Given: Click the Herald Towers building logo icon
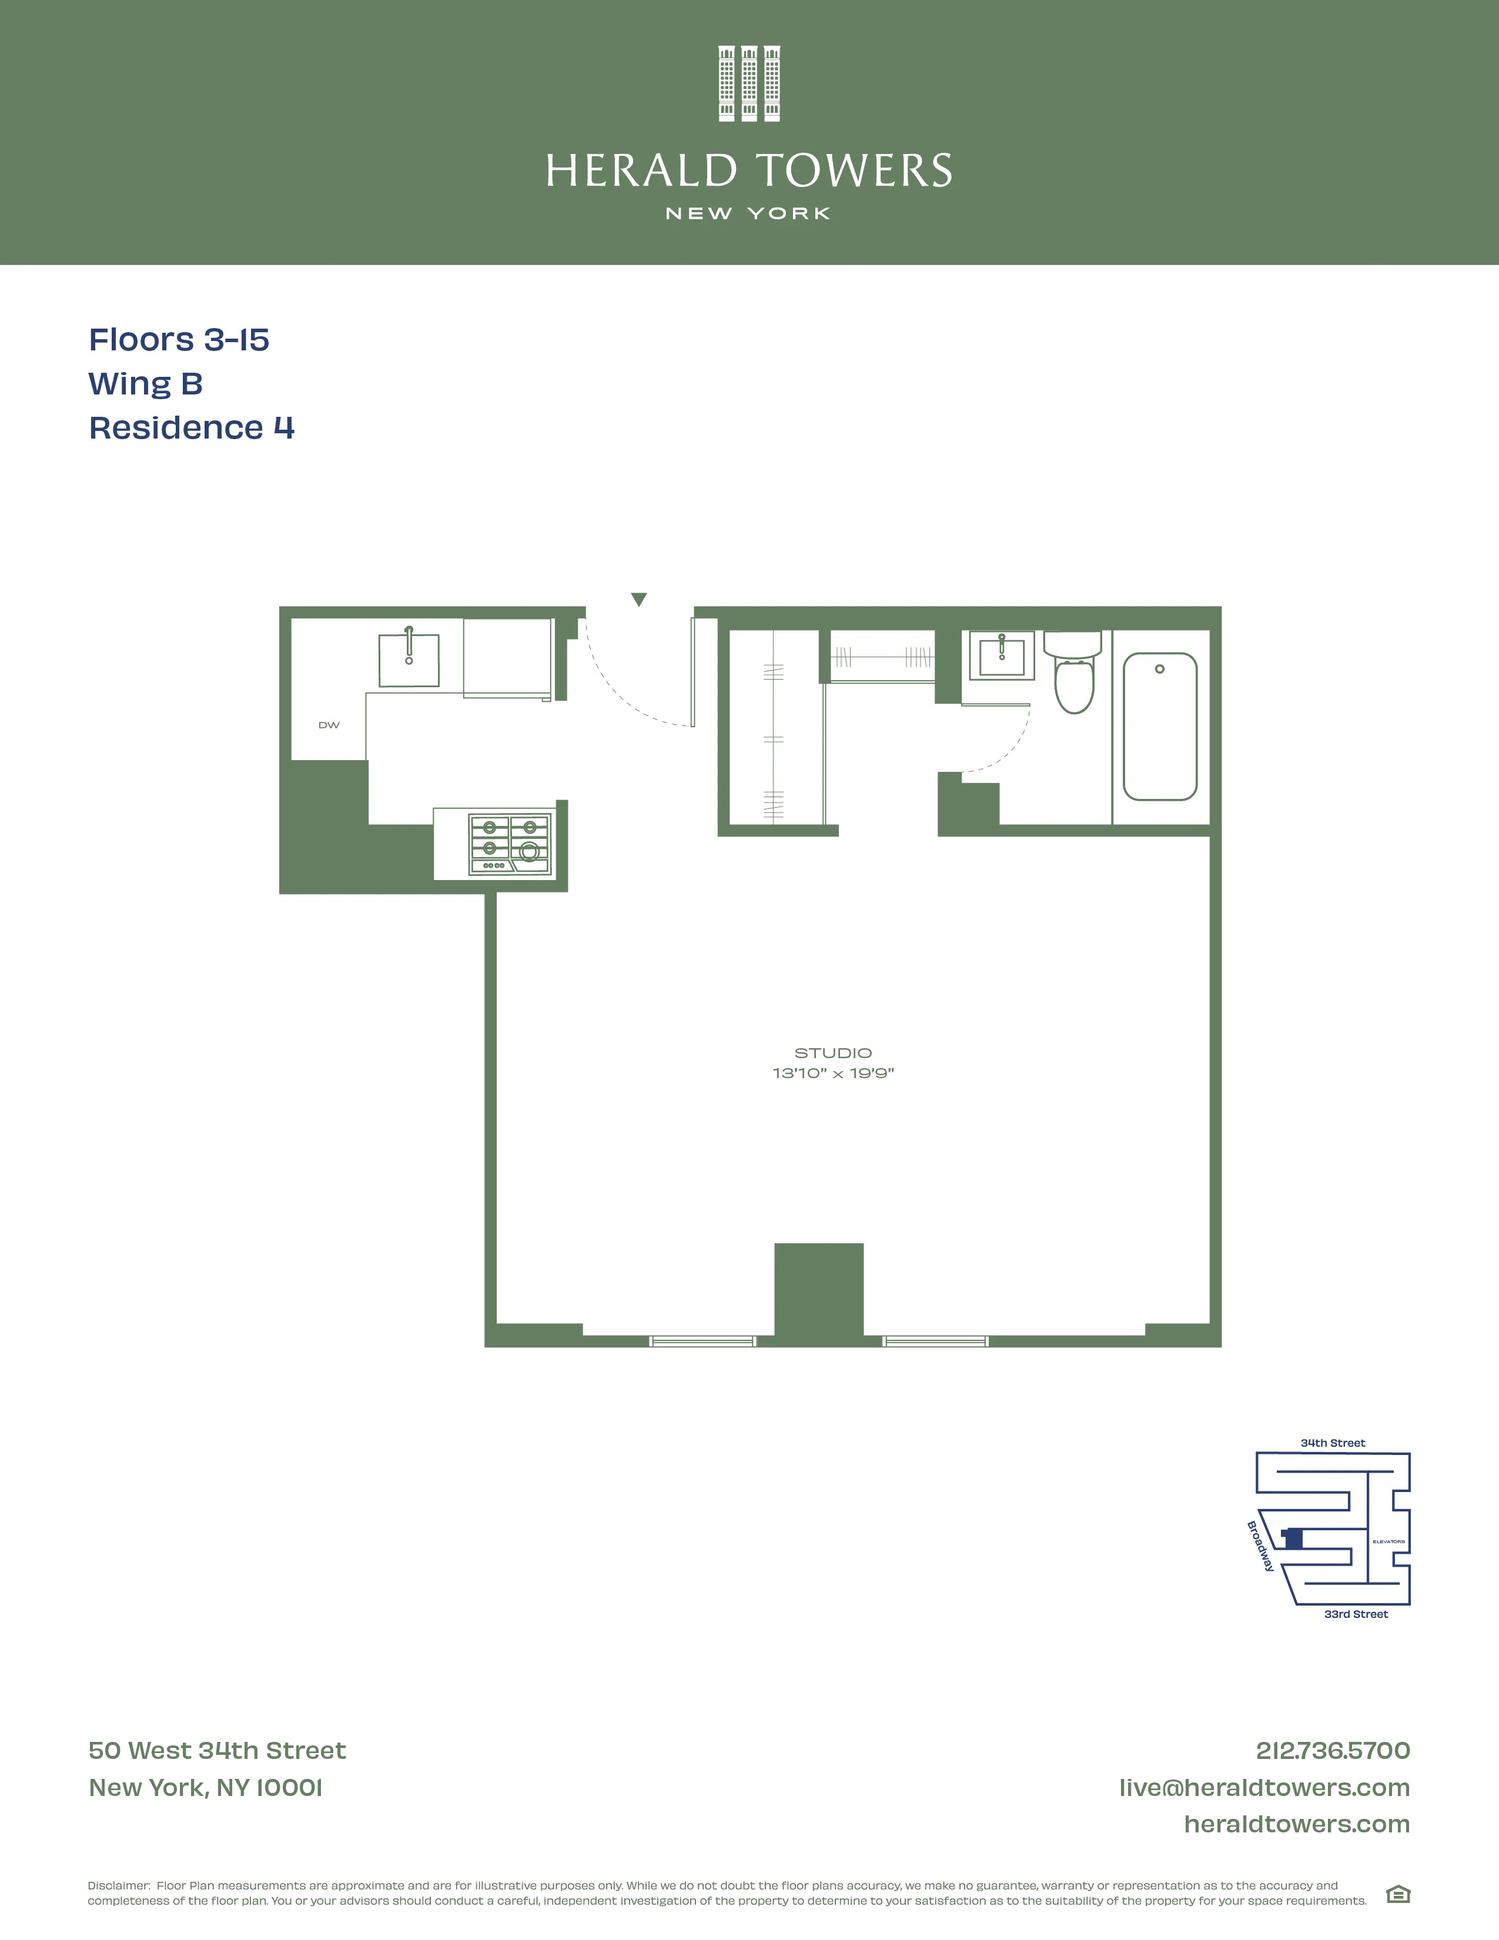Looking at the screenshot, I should pyautogui.click(x=748, y=83).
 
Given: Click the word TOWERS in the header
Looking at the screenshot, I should pyautogui.click(x=854, y=172).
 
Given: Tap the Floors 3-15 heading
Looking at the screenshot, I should pyautogui.click(x=179, y=339).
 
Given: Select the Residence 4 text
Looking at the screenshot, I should pyautogui.click(x=191, y=427).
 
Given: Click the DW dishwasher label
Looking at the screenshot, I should pyautogui.click(x=329, y=725).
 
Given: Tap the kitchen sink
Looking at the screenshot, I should pyautogui.click(x=409, y=660).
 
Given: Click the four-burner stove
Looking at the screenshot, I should pyautogui.click(x=509, y=844).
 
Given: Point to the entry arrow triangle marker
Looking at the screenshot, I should pyautogui.click(x=638, y=600).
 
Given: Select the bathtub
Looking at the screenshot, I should pyautogui.click(x=1160, y=727).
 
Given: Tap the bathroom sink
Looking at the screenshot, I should pyautogui.click(x=1001, y=657).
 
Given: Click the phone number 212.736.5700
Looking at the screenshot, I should pyautogui.click(x=1332, y=1751).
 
